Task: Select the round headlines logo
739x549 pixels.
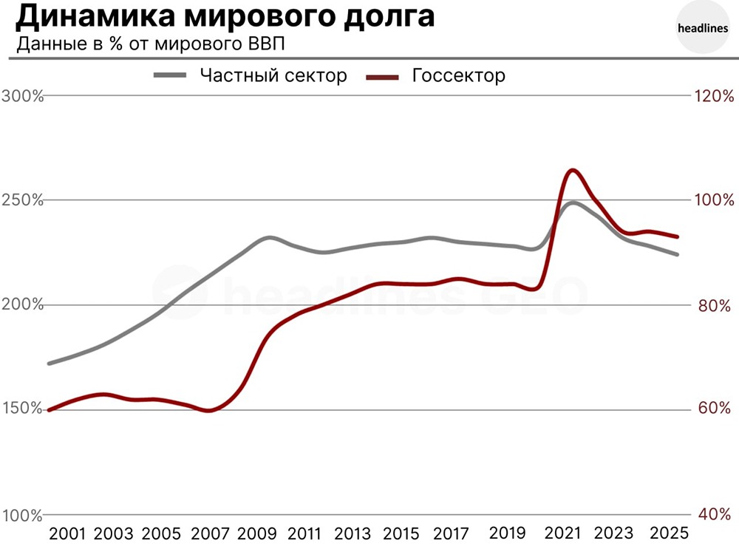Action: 702,30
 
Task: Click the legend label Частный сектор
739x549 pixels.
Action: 273,75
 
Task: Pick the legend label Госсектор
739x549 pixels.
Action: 458,75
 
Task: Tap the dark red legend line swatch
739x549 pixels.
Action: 384,75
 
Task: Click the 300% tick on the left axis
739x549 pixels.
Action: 22,96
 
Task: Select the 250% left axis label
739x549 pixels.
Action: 22,200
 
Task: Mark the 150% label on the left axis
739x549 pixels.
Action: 22,409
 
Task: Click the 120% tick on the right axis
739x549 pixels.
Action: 712,96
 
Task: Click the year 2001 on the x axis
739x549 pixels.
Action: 68,533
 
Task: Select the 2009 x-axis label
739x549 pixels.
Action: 256,533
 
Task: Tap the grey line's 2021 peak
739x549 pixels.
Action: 572,202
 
